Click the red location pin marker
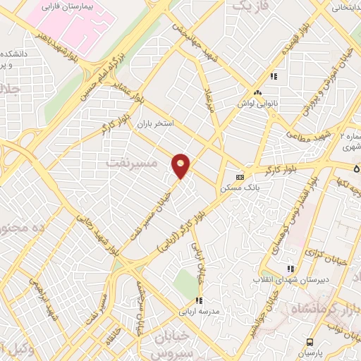pos(181,165)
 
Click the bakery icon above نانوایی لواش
pos(257,93)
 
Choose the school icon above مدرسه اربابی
pos(200,301)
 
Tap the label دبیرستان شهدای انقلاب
pos(288,280)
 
